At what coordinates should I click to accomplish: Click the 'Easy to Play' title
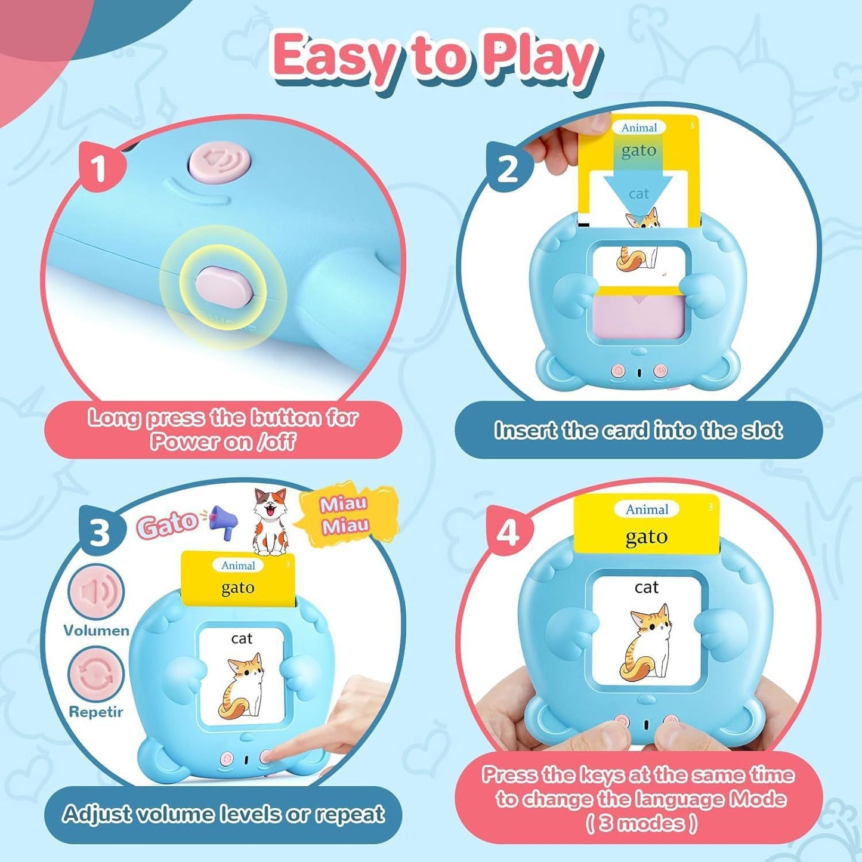pyautogui.click(x=434, y=58)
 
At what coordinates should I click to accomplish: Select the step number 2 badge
pyautogui.click(x=508, y=169)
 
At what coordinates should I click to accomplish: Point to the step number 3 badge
pyautogui.click(x=100, y=532)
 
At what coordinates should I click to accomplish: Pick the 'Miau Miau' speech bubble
pyautogui.click(x=345, y=515)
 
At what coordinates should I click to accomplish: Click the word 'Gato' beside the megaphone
pyautogui.click(x=167, y=524)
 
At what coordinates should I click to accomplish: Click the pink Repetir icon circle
pyautogui.click(x=96, y=674)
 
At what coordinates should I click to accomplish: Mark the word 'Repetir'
pyautogui.click(x=96, y=712)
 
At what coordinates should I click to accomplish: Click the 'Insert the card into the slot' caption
pyautogui.click(x=638, y=430)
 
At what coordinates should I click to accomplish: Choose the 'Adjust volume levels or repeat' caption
pyautogui.click(x=223, y=814)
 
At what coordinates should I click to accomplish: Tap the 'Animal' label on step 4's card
pyautogui.click(x=647, y=509)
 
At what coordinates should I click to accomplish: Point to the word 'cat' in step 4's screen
pyautogui.click(x=647, y=588)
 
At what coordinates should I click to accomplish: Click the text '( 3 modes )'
pyautogui.click(x=641, y=824)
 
